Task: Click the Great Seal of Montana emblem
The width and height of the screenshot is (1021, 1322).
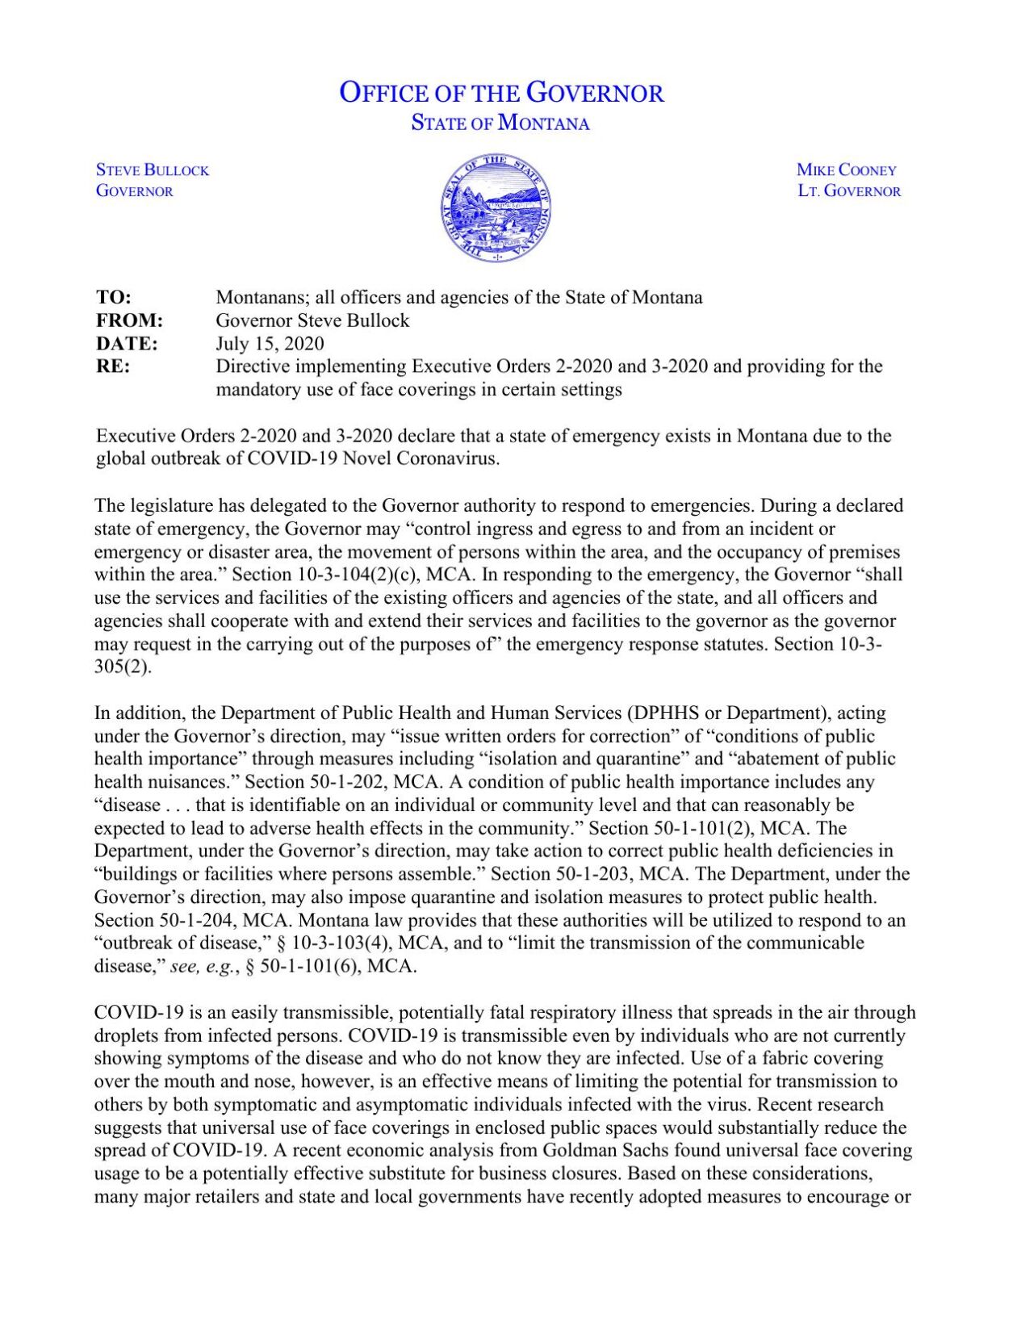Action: [496, 207]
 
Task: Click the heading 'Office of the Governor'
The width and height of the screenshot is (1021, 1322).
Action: [501, 93]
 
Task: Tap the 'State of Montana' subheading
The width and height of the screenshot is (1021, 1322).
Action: [500, 123]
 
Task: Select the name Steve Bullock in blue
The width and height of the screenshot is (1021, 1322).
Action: [153, 170]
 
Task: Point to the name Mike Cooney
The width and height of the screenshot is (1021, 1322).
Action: [847, 170]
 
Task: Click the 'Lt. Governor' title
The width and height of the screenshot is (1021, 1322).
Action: [849, 191]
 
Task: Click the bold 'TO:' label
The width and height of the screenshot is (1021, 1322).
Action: [114, 297]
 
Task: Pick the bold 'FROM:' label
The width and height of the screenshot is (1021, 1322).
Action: [129, 320]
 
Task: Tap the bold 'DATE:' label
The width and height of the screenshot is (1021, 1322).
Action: [127, 343]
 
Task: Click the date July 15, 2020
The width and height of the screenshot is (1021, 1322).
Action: [270, 343]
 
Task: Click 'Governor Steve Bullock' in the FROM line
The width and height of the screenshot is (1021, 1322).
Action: [312, 320]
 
